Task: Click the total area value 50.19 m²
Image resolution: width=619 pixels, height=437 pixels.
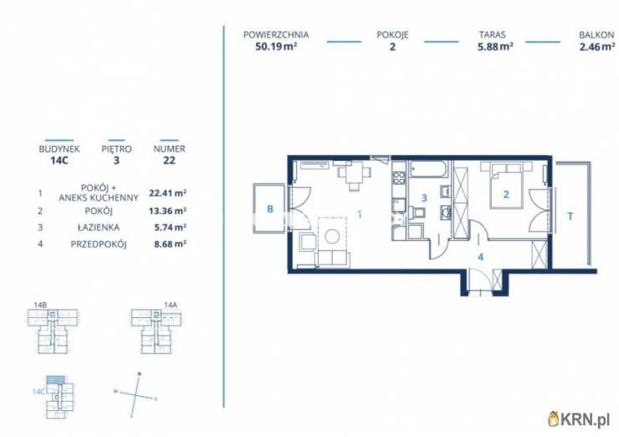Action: (276, 47)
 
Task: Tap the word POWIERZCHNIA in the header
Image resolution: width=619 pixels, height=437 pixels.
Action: (276, 35)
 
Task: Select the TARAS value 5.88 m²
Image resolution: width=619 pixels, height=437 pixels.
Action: (495, 47)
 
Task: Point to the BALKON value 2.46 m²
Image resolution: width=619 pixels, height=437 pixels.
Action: (597, 47)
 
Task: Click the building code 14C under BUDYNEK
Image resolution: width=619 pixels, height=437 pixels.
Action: (59, 161)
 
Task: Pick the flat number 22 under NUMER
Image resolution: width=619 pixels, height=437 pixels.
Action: (169, 161)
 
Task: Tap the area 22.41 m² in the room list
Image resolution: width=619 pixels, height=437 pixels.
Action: (168, 193)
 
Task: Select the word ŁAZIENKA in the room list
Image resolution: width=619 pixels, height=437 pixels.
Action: (99, 228)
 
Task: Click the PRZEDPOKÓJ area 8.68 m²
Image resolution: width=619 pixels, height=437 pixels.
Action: (170, 244)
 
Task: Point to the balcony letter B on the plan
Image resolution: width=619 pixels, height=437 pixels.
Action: (270, 208)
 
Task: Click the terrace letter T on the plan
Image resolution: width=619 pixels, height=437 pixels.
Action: (570, 217)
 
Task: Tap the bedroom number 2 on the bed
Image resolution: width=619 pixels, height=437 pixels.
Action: (506, 194)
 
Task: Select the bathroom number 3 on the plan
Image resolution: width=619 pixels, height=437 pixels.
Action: (424, 198)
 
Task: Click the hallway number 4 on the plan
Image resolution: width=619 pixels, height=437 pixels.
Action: (480, 257)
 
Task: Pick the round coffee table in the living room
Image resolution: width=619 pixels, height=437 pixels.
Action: (332, 236)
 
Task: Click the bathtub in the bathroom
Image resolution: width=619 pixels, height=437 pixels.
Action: (429, 169)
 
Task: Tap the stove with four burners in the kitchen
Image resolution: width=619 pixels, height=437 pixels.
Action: (399, 177)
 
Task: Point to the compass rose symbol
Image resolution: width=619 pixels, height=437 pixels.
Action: (135, 395)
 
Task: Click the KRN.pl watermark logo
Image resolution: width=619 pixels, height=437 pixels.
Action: (579, 419)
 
